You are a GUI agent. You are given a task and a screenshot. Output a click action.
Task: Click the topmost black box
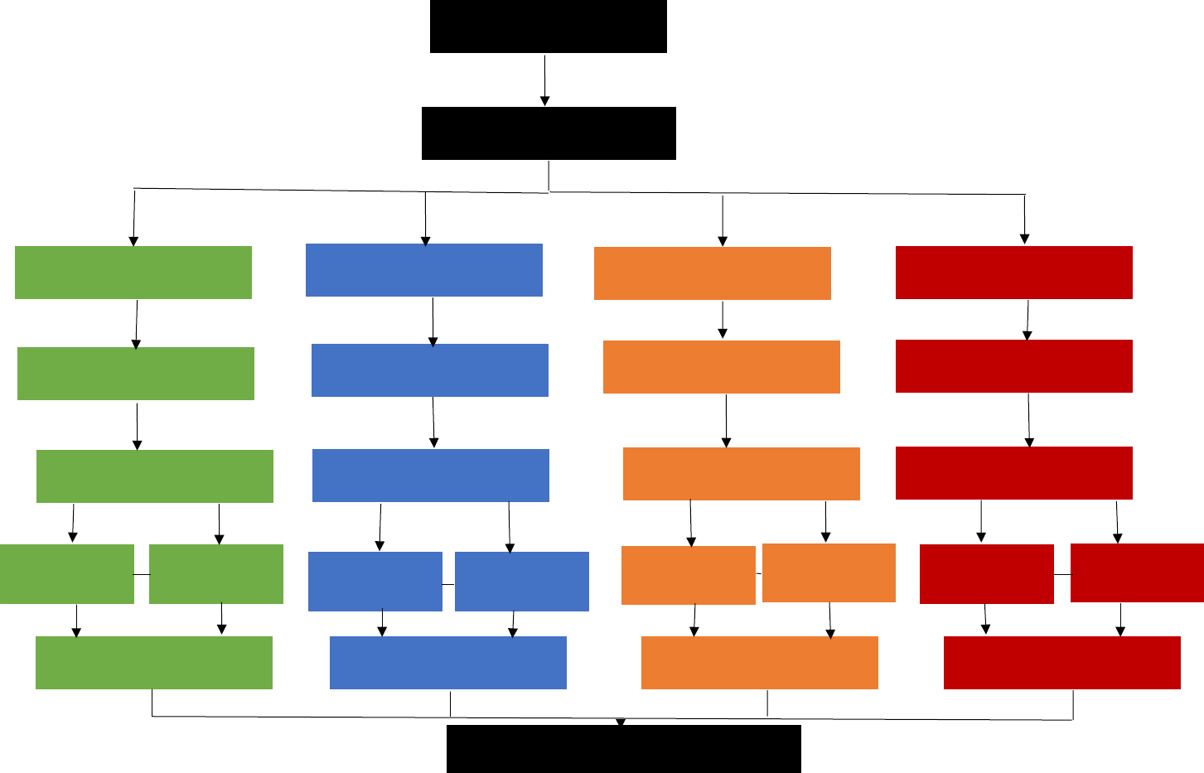coord(548,27)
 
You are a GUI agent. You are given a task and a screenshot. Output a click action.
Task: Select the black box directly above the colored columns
coord(549,133)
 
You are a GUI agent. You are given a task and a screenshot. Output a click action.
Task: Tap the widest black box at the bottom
coord(623,749)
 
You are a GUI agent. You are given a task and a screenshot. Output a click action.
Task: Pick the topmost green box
coord(133,273)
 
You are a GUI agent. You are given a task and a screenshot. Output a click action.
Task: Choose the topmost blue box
coord(423,270)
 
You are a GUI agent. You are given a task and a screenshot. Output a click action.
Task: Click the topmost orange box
coord(712,273)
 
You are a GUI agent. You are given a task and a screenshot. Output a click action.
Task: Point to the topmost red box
coord(1013,273)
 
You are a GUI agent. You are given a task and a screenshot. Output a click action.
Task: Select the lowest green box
coord(153,663)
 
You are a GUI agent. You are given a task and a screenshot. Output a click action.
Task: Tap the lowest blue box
coord(447,663)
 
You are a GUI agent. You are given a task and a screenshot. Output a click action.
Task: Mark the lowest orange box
coord(759,663)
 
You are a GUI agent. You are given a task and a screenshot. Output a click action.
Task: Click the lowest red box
coord(1061,663)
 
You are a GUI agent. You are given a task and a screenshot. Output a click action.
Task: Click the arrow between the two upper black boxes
coord(544,80)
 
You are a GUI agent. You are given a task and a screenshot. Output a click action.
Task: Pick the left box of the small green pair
coord(66,574)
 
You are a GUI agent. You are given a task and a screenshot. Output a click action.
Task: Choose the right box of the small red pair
coord(1137,573)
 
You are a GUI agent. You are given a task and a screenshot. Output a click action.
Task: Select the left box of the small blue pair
coord(375,582)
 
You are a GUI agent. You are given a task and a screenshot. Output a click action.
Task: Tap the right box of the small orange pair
coord(829,573)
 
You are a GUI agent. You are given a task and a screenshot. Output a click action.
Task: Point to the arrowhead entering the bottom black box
coord(620,722)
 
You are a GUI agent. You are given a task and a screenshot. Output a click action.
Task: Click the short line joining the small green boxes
coord(142,574)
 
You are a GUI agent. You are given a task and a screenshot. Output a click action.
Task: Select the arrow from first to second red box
coord(1028,321)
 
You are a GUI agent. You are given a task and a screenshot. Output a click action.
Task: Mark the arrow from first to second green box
coord(137,324)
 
